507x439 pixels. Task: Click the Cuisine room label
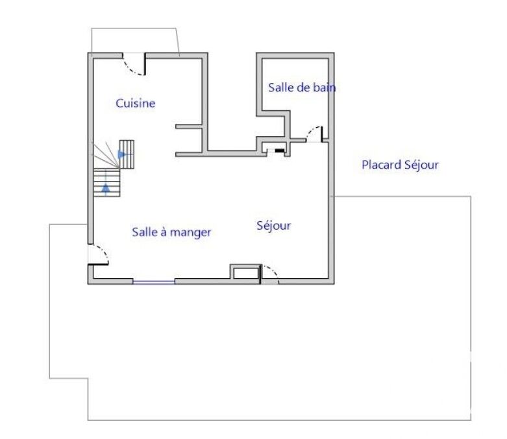(136, 103)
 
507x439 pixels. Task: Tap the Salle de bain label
(302, 88)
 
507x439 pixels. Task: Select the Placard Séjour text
(400, 165)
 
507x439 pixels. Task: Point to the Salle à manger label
(171, 232)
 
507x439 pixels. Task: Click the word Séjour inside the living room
(273, 226)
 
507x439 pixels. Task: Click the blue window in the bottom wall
(154, 282)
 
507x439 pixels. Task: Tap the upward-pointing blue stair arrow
(106, 187)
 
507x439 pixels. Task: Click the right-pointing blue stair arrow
(122, 154)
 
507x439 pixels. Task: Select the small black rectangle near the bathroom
(279, 150)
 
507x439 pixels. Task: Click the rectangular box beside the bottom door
(245, 272)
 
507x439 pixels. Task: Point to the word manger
(190, 233)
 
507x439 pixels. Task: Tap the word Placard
(381, 165)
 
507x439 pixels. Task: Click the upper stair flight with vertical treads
(127, 154)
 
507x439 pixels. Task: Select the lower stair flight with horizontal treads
(106, 182)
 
